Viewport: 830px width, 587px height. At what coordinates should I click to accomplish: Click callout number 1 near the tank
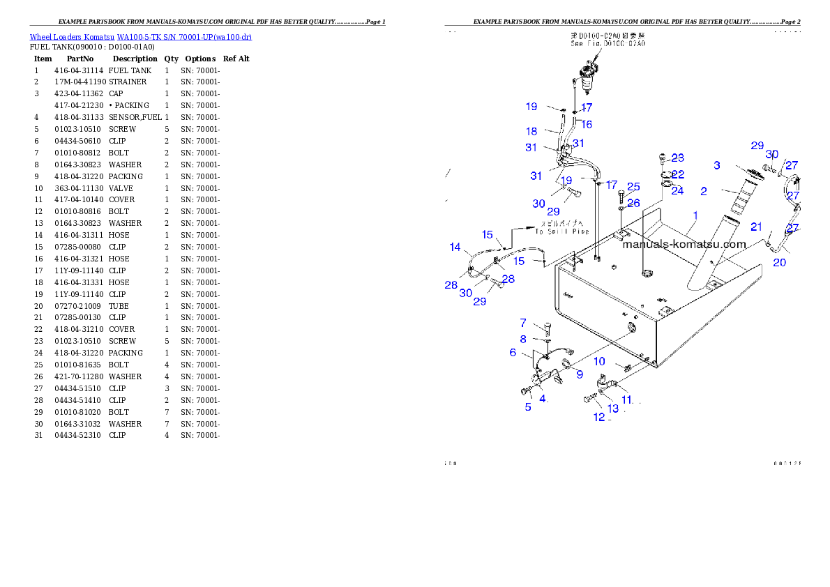[694, 216]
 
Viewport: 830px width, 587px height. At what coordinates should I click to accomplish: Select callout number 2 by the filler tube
[704, 190]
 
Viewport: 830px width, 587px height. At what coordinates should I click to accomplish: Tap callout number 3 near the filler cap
[716, 165]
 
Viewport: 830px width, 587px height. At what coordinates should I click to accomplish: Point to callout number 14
[455, 247]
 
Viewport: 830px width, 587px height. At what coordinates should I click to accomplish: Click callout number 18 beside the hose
[531, 131]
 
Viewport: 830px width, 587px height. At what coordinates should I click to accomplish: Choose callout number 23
[678, 158]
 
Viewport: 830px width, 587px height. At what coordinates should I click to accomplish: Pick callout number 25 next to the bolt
[633, 187]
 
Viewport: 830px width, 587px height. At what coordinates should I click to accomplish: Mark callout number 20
[780, 262]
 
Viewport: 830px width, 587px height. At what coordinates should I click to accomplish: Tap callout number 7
[523, 323]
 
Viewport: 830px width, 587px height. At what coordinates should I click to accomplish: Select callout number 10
[599, 362]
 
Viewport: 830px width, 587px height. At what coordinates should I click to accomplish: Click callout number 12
[599, 417]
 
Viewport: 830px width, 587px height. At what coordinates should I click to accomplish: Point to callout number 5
[528, 406]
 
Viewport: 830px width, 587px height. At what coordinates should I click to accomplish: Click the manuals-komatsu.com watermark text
[684, 244]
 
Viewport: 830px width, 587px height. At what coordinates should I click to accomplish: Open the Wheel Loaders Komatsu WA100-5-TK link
[140, 37]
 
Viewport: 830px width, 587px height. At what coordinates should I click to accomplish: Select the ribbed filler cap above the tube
[750, 175]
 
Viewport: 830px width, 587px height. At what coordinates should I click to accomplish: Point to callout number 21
[756, 227]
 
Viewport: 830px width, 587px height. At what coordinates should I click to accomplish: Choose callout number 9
[578, 374]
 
